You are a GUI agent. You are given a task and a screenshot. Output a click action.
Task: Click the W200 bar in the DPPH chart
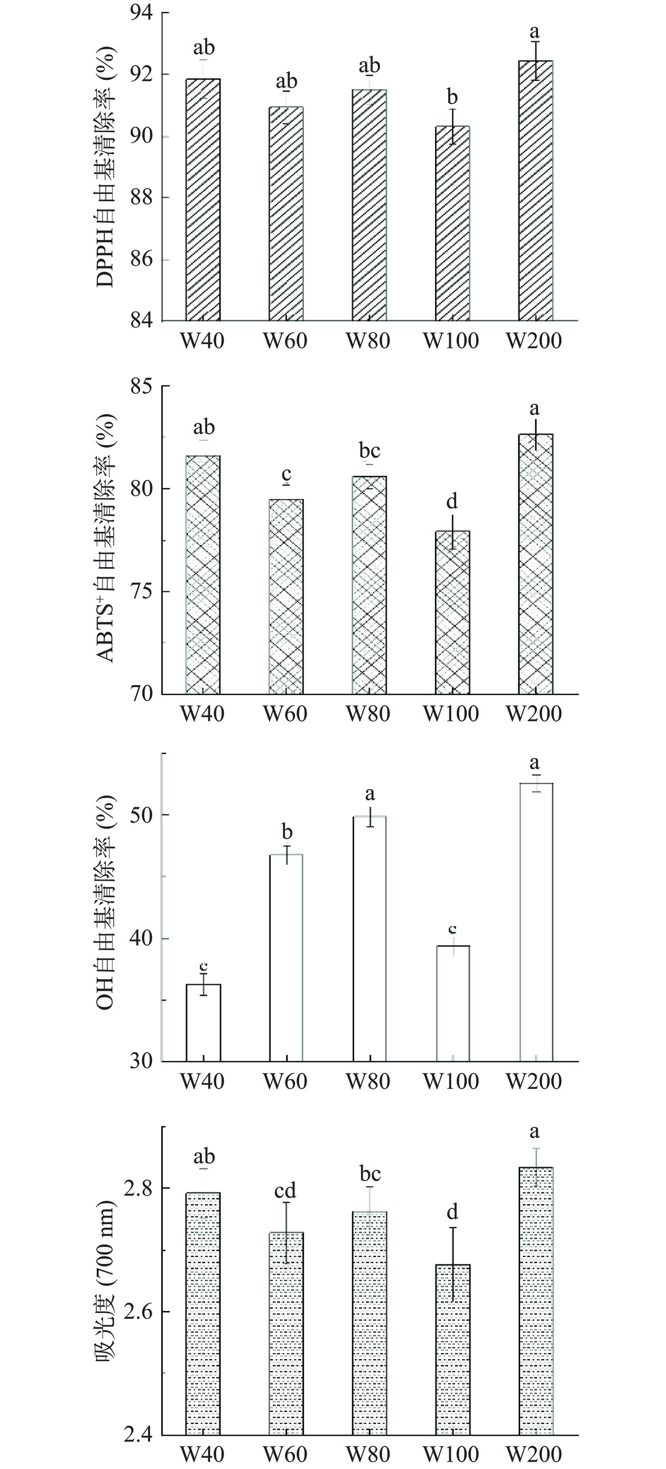coord(535,191)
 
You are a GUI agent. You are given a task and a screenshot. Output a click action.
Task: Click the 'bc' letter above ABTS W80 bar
coord(369,451)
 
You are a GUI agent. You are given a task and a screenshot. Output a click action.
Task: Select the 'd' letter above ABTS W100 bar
coord(452,501)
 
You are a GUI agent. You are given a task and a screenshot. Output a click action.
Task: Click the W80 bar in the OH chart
coord(369,939)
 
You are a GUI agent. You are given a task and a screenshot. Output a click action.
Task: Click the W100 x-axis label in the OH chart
coord(451,1082)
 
